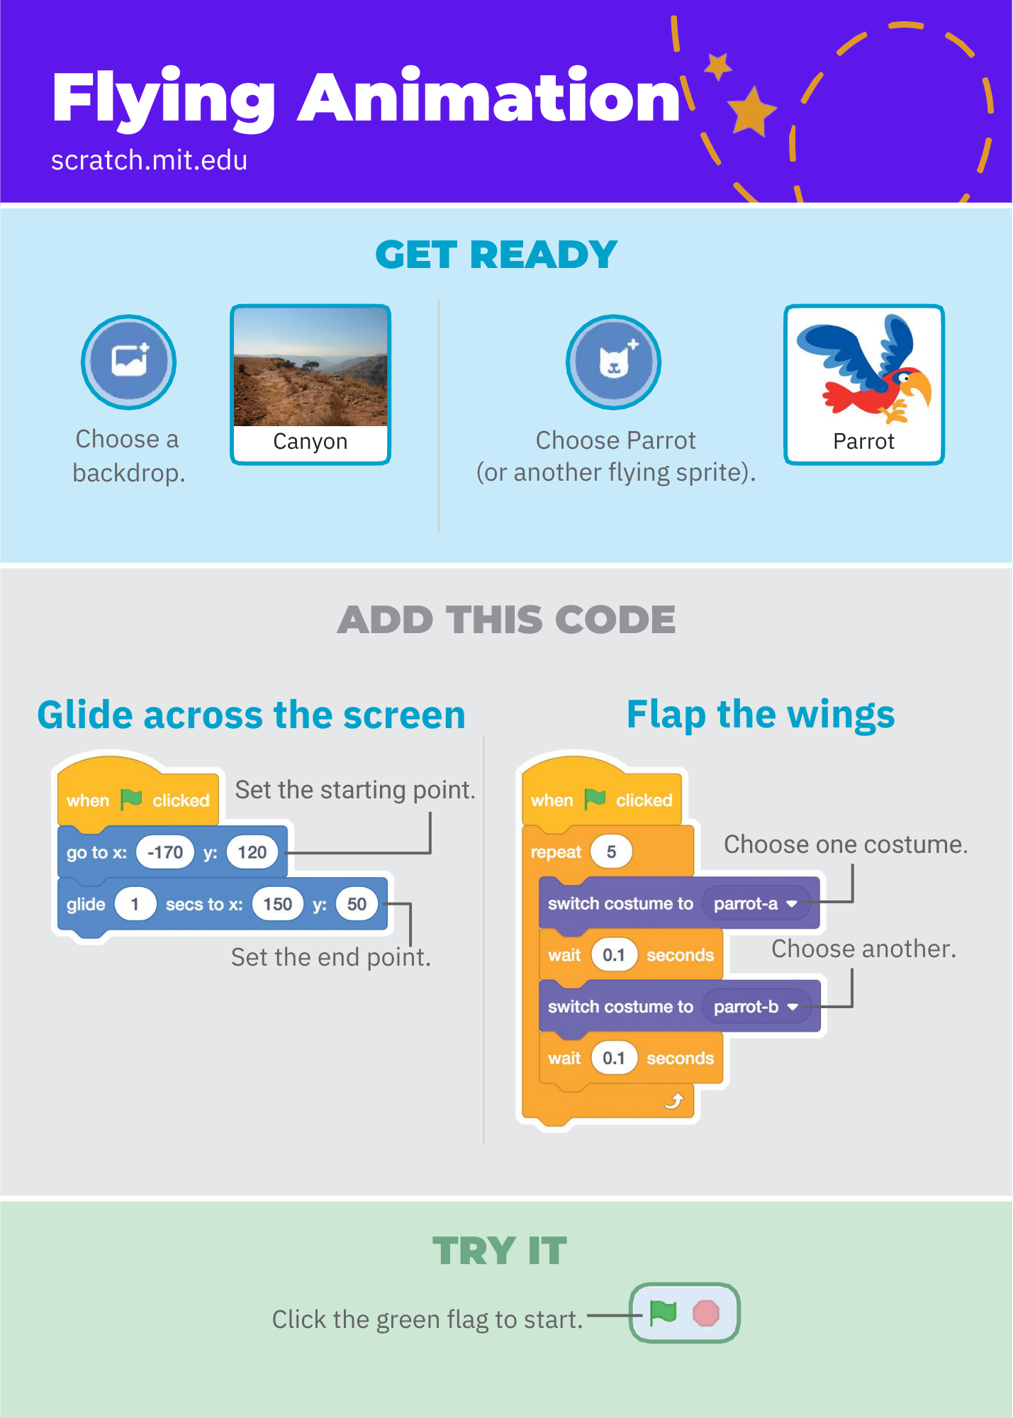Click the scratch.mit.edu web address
pos(149,160)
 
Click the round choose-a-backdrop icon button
pos(128,362)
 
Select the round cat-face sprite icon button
pos(613,362)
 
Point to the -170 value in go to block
pos(165,852)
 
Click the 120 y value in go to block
pos(252,852)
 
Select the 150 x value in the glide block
pos(277,904)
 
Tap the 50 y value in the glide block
pos(357,904)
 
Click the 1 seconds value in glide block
pos(135,904)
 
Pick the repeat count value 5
pos(611,852)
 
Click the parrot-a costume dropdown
pos(755,903)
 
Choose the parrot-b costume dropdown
pos(756,1007)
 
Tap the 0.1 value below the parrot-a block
pos(614,955)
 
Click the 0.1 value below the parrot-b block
pos(614,1059)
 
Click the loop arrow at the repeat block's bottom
pos(674,1100)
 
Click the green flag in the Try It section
pos(663,1312)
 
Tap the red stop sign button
pos(706,1313)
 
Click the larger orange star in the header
pos(751,111)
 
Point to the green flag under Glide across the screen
pos(131,799)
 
